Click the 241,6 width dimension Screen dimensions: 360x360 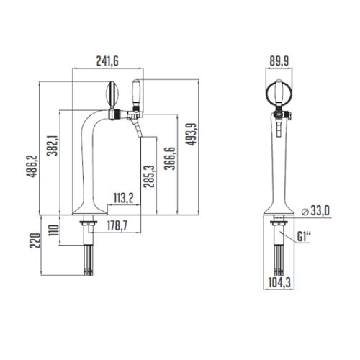pos(107,61)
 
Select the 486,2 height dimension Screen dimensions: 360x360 pos(32,166)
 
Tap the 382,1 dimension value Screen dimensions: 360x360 pos(53,145)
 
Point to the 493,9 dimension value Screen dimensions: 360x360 pos(191,134)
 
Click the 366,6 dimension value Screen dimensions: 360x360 pos(170,158)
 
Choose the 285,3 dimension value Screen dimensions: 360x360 pos(148,176)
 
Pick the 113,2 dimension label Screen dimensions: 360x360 pos(123,198)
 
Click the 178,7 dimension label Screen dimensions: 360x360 pos(117,225)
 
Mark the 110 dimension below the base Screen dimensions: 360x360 pos(53,230)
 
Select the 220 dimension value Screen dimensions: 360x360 pos(35,240)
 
